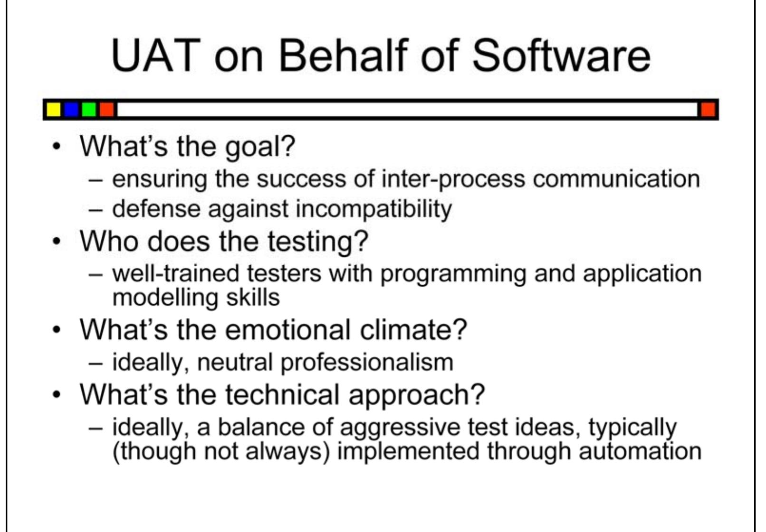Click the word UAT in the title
(155, 56)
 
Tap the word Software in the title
(561, 56)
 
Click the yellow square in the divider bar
(53, 110)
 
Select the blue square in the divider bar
(71, 110)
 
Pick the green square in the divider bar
(89, 110)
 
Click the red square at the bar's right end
(708, 110)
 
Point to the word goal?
(260, 147)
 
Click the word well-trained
(175, 274)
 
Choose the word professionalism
(366, 363)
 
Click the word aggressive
(400, 427)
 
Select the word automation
(640, 451)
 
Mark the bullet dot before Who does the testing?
(57, 242)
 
